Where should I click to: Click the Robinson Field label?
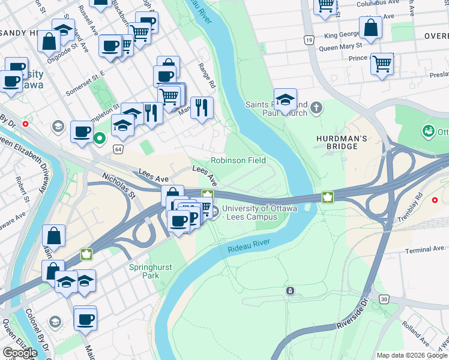pyautogui.click(x=238, y=161)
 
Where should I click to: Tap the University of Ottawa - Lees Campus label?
pyautogui.click(x=259, y=212)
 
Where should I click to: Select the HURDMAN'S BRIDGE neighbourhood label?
pyautogui.click(x=341, y=143)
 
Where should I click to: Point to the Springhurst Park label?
pyautogui.click(x=145, y=271)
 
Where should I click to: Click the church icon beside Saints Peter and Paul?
pyautogui.click(x=316, y=109)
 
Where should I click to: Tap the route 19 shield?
pyautogui.click(x=309, y=40)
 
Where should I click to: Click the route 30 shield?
pyautogui.click(x=383, y=298)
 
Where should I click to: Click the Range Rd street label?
pyautogui.click(x=206, y=76)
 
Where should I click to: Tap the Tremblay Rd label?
pyautogui.click(x=427, y=206)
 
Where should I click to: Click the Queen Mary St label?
pyautogui.click(x=340, y=46)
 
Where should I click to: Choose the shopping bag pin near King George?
pyautogui.click(x=371, y=28)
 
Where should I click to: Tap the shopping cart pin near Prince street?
pyautogui.click(x=382, y=64)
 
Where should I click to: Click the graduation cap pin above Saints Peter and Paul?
pyautogui.click(x=286, y=100)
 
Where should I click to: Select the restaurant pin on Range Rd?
pyautogui.click(x=202, y=108)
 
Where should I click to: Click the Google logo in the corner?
pyautogui.click(x=20, y=353)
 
